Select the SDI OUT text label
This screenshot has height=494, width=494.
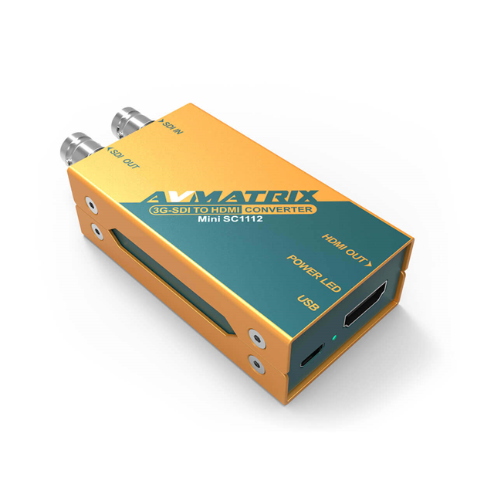(124, 157)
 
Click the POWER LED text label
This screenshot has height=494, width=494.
(312, 273)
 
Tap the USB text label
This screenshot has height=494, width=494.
(306, 302)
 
